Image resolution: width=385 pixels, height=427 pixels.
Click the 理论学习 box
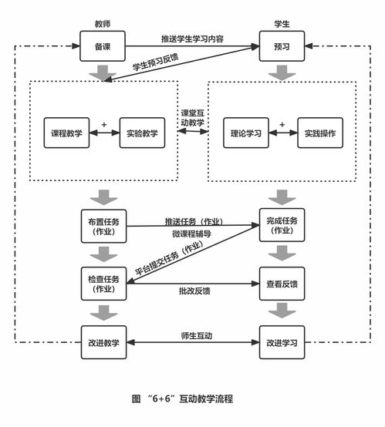[246, 133]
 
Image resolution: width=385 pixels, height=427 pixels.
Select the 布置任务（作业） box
[103, 226]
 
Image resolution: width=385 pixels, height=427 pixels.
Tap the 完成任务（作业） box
[282, 226]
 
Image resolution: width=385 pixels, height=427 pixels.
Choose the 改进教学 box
[103, 341]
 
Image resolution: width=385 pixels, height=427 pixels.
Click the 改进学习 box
[282, 341]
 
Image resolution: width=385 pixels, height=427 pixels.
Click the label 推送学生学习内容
[192, 39]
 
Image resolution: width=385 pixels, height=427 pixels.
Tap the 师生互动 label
[192, 335]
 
